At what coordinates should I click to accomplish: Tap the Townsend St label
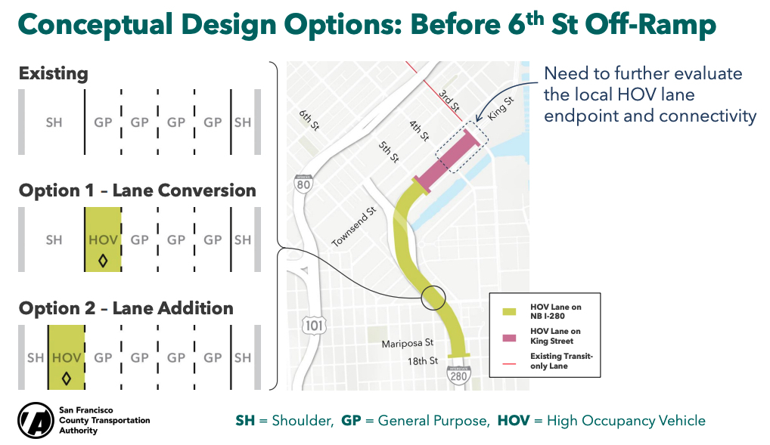coord(353,227)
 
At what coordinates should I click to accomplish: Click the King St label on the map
coord(500,108)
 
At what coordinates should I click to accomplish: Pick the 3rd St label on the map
coord(449,100)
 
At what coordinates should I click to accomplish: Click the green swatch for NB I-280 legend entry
coord(509,311)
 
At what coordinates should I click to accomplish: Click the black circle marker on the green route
coord(433,298)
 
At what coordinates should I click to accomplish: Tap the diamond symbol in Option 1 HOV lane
coord(103,261)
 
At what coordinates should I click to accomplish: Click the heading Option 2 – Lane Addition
coord(126,308)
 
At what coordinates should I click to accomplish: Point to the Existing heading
coord(54,73)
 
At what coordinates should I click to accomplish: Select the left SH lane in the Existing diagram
coord(54,122)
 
